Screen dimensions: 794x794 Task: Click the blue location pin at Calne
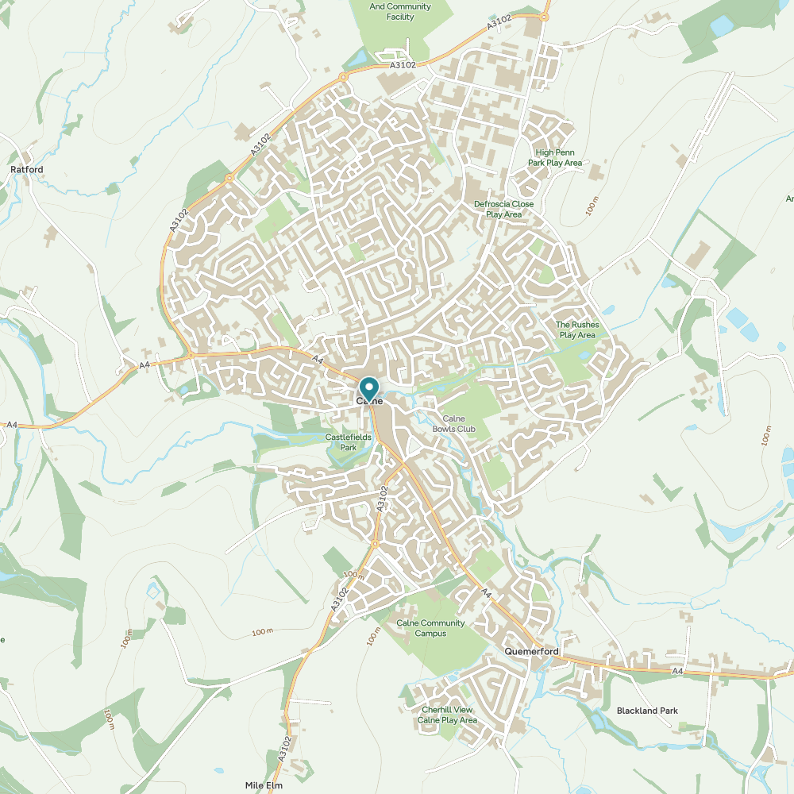[x=369, y=388]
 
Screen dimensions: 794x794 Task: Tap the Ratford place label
[x=26, y=170]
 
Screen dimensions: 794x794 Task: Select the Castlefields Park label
[x=348, y=442]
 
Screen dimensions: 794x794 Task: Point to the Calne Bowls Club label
[x=453, y=424]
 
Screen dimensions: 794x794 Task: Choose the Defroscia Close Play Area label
[x=503, y=209]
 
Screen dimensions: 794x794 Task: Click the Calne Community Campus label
[x=430, y=628]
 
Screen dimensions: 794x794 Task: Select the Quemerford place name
[x=531, y=652]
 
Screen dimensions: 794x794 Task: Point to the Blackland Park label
[x=647, y=711]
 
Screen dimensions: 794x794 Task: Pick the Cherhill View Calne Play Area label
[x=447, y=715]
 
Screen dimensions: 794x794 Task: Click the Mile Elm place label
[x=264, y=784]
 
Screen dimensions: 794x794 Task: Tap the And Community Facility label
[x=400, y=11]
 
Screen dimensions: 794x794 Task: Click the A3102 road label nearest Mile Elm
[x=285, y=749]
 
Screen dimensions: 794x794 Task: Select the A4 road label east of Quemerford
[x=677, y=672]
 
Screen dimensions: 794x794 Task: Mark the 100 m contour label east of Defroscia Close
[x=591, y=204]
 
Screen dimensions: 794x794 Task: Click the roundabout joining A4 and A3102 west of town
[x=191, y=355]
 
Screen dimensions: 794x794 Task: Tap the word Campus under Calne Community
[x=430, y=634]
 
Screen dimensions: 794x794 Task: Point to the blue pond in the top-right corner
[x=723, y=25]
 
